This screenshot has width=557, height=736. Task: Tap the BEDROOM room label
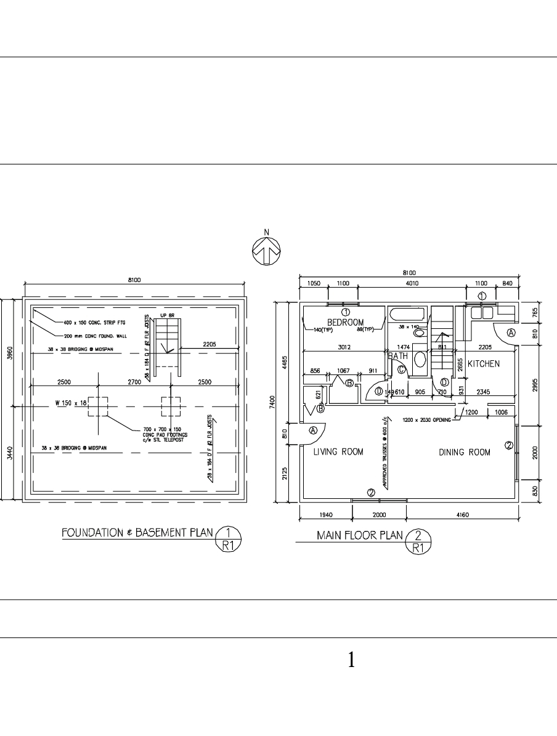click(345, 322)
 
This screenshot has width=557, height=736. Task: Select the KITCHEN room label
click(484, 364)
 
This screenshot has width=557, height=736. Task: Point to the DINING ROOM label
click(465, 453)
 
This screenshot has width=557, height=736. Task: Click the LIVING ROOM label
click(338, 452)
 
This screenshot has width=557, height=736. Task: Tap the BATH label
click(397, 356)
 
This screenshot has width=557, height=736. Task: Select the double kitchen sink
click(482, 313)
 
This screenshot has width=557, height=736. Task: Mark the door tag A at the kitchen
click(511, 333)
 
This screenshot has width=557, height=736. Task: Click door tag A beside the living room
click(313, 431)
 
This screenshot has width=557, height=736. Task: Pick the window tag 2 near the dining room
click(509, 445)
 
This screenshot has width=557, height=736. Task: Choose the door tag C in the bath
click(400, 370)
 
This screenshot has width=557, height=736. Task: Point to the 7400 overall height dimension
click(280, 402)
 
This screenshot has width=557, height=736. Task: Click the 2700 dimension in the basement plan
click(134, 382)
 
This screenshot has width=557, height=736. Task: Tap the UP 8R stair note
click(168, 316)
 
